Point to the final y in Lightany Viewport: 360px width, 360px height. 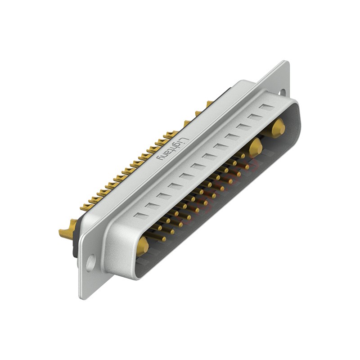click(160, 160)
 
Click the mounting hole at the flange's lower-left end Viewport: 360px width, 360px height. click(90, 262)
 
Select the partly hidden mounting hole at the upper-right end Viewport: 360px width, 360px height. click(282, 92)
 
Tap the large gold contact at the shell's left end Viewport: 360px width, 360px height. click(142, 246)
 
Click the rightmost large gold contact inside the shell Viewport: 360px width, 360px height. click(278, 128)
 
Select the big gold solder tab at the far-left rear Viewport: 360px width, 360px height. click(67, 232)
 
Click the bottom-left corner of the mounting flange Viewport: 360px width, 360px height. click(81, 297)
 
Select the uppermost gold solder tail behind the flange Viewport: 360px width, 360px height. click(209, 104)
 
